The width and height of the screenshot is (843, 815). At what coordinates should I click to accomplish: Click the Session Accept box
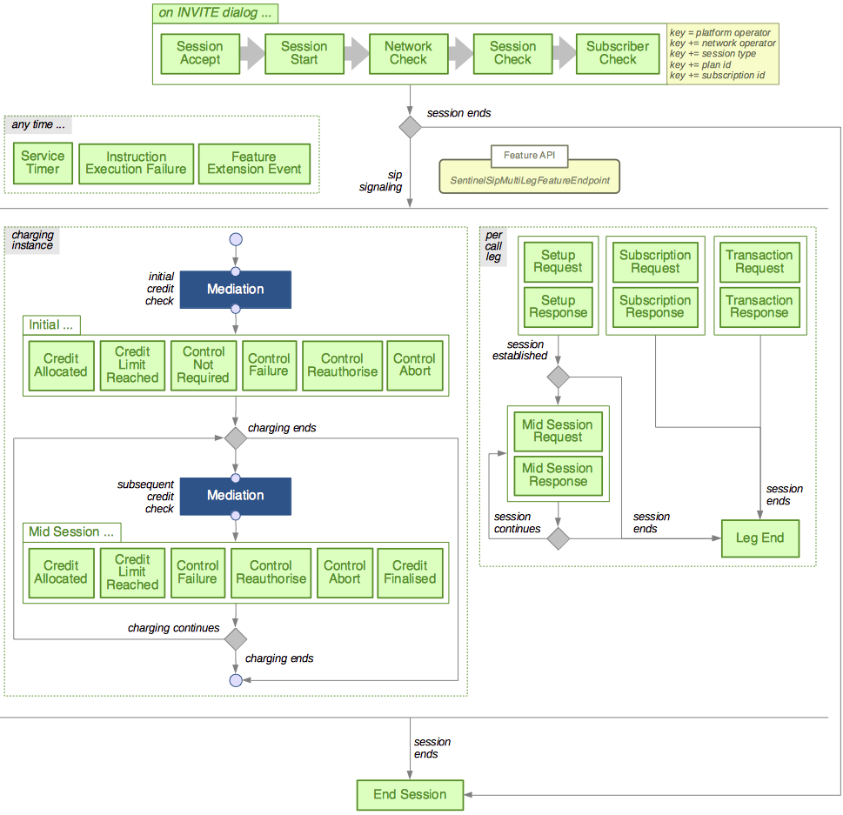click(x=199, y=53)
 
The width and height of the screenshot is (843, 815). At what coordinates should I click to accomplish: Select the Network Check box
click(x=408, y=53)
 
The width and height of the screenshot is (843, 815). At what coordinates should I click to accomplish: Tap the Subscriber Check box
click(x=617, y=53)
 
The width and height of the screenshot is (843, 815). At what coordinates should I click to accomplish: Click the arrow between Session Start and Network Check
click(x=356, y=53)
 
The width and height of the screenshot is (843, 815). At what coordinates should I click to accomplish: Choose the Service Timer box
click(x=43, y=163)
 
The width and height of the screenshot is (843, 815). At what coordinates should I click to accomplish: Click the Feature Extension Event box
click(x=254, y=163)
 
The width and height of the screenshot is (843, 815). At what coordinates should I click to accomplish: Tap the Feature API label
click(x=529, y=157)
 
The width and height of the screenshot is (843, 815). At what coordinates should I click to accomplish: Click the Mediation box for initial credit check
click(x=235, y=289)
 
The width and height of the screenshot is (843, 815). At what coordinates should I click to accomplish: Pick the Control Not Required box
click(x=204, y=364)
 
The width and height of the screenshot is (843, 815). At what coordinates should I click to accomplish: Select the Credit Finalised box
click(x=410, y=572)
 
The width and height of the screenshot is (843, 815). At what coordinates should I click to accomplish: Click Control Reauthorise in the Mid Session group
click(x=271, y=572)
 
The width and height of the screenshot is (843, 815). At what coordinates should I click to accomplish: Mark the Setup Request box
click(x=558, y=262)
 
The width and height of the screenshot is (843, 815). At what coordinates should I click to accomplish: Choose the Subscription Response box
click(x=655, y=307)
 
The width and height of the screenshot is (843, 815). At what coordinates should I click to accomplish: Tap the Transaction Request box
click(x=759, y=262)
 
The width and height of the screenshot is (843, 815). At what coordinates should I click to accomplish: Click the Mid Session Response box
click(x=558, y=475)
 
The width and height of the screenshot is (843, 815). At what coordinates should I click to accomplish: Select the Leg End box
click(x=760, y=538)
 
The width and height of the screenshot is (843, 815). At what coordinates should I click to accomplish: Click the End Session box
click(x=410, y=794)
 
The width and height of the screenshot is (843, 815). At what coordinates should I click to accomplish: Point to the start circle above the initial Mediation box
click(x=235, y=239)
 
